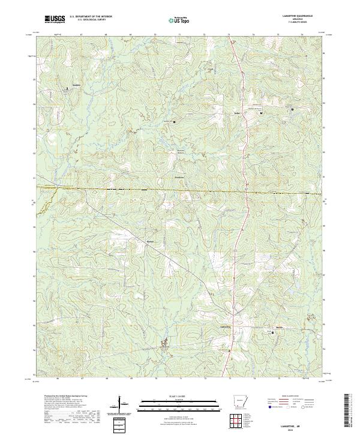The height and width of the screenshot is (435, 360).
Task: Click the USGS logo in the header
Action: [x=55, y=19]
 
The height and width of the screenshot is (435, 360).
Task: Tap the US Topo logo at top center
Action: [x=180, y=19]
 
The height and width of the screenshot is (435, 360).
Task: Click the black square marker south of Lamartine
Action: [x=229, y=350]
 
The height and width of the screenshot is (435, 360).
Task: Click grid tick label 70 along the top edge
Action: [x=155, y=35]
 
